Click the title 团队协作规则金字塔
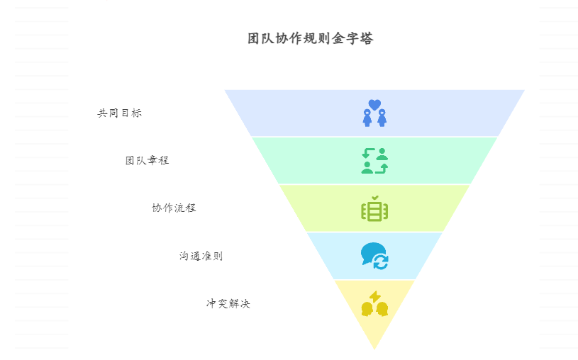pos(310,39)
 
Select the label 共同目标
pos(119,113)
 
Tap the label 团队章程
pos(147,160)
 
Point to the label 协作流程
pos(174,208)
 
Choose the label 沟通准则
pos(201,256)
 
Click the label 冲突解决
pos(228,303)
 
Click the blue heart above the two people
pos(374,104)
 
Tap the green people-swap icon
pos(374,161)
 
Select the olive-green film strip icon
pos(374,210)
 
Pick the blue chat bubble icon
pos(372,252)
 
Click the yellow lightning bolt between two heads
pos(374,296)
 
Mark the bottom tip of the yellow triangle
pos(374,348)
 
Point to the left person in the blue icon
pos(367,118)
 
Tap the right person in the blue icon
pos(382,118)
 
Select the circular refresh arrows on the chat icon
pos(381,262)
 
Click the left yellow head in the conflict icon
pos(367,309)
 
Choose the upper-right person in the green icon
pos(382,153)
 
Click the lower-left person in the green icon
pos(367,168)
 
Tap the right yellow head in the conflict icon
pos(382,309)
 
